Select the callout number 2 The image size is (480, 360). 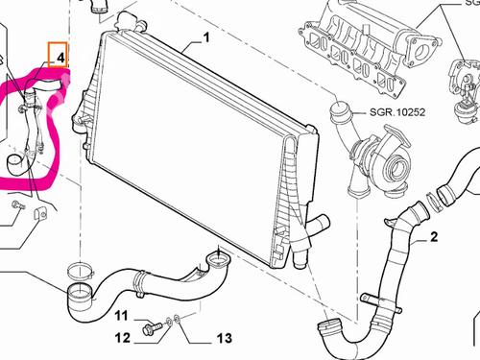tap(433, 236)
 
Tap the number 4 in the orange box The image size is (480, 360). tap(60, 58)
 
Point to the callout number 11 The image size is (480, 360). tap(122, 315)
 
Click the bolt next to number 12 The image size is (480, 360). tap(149, 328)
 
